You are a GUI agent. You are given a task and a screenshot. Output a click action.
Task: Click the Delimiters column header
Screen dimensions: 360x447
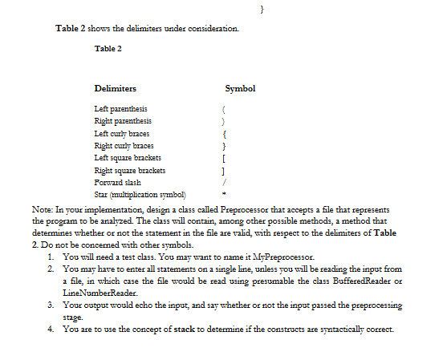115,87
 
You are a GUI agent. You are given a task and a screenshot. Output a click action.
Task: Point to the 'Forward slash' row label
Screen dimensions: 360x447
116,183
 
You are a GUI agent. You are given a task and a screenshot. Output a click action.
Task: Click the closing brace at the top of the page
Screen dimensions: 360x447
264,7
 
